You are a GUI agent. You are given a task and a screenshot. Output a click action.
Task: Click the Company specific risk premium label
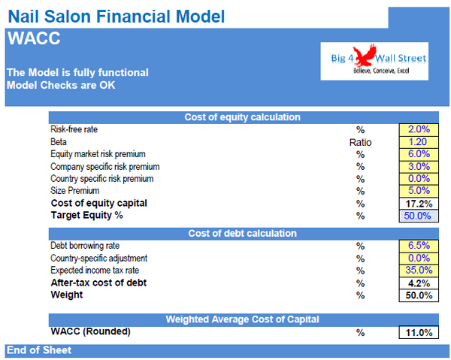pyautogui.click(x=104, y=166)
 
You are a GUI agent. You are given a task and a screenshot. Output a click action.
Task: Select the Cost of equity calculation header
pyautogui.click(x=242, y=116)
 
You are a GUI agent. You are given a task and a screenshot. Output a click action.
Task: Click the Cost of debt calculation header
pyautogui.click(x=242, y=233)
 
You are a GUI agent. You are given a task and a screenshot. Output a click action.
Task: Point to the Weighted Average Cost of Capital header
pyautogui.click(x=242, y=319)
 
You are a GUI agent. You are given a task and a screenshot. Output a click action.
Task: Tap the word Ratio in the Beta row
pyautogui.click(x=360, y=141)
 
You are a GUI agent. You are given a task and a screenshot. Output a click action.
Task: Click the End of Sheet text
pyautogui.click(x=38, y=350)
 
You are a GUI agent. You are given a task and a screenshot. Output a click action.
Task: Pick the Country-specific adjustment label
pyautogui.click(x=95, y=258)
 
